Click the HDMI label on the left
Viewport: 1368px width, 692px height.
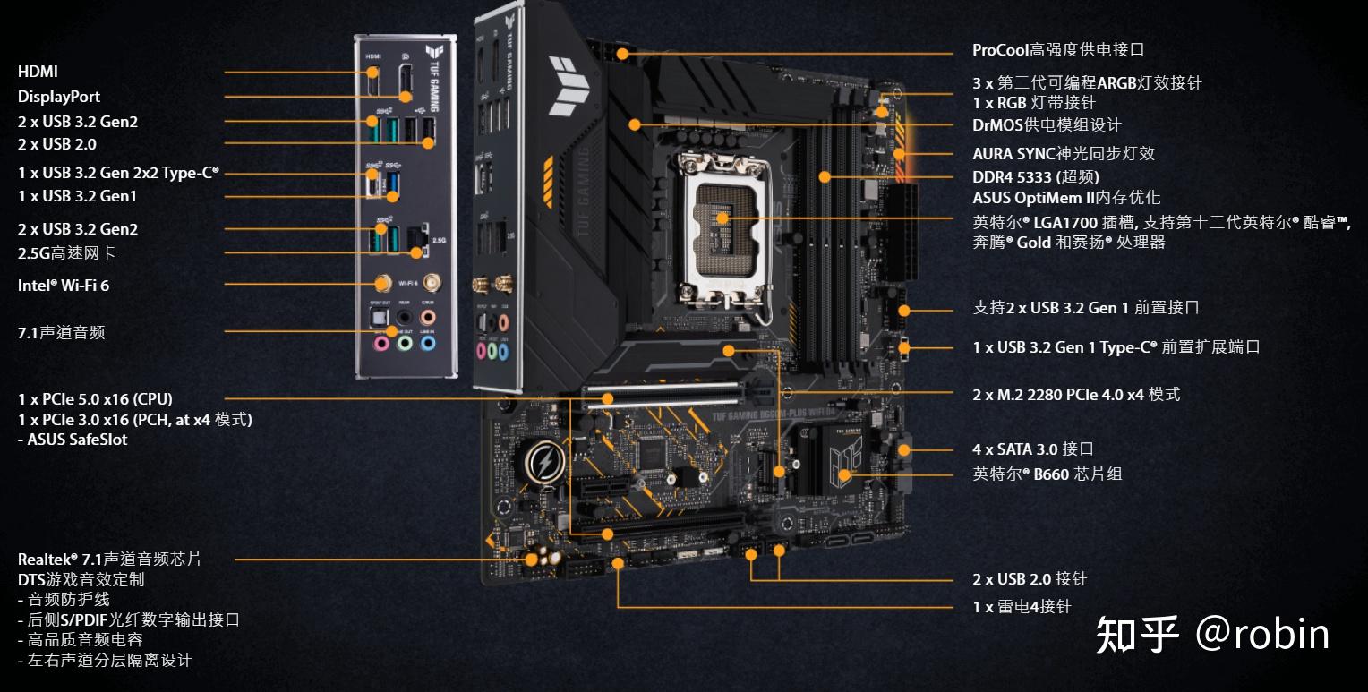click(x=38, y=72)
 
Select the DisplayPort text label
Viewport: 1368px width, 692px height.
click(x=59, y=97)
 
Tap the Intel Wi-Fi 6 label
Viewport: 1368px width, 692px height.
click(x=64, y=286)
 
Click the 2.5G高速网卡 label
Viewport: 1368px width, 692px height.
click(x=66, y=253)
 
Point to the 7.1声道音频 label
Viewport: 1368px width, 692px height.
click(x=61, y=333)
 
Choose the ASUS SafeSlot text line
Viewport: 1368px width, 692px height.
click(x=73, y=440)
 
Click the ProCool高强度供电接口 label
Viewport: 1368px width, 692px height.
click(x=1058, y=50)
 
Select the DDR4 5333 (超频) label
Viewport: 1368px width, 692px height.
click(x=1036, y=177)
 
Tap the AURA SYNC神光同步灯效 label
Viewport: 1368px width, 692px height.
click(x=1064, y=154)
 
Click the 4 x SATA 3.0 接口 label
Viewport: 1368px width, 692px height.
click(x=1033, y=449)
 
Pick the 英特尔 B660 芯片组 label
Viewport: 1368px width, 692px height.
click(x=1047, y=474)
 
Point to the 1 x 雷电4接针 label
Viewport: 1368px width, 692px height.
click(x=1022, y=607)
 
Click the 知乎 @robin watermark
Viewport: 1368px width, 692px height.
click(x=1212, y=635)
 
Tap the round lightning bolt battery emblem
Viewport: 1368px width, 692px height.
click(x=543, y=463)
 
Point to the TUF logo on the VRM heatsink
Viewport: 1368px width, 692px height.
click(x=569, y=87)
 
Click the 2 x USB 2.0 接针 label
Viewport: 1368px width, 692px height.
click(x=1030, y=579)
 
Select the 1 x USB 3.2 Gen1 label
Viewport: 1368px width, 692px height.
click(x=77, y=196)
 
